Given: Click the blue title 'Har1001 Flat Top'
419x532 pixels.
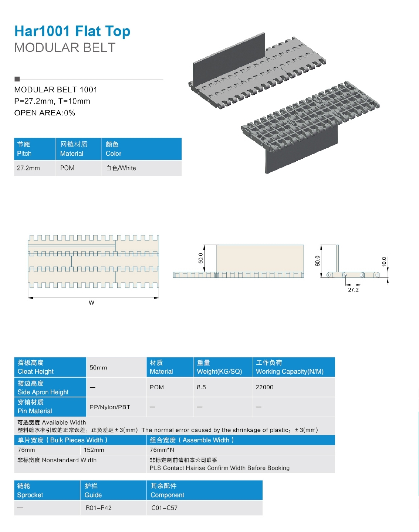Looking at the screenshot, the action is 72,31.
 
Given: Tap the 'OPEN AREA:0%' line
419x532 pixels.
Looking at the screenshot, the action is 45,113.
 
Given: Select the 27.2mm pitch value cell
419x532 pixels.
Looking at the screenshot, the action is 28,168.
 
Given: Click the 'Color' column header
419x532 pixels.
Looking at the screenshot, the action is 114,149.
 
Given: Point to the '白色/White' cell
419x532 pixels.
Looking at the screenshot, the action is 121,168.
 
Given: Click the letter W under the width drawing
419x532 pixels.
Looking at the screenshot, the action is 92,303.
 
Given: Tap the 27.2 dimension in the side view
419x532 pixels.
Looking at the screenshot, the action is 353,290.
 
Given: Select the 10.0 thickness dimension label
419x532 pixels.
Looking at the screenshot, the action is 384,261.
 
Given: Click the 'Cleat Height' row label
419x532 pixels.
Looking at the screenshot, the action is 36,367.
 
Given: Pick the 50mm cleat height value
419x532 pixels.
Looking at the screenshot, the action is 98,367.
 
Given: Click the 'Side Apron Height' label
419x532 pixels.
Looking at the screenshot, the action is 43,388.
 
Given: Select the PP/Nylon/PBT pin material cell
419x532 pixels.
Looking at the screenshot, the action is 110,407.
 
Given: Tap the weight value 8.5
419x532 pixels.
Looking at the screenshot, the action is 202,387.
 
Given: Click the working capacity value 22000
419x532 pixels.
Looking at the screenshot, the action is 264,387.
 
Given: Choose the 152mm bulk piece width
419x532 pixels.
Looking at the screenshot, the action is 94,450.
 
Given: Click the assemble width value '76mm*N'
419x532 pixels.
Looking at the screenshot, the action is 162,450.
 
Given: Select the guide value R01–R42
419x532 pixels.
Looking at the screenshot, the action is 99,508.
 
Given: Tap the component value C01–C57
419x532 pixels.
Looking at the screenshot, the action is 165,508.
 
